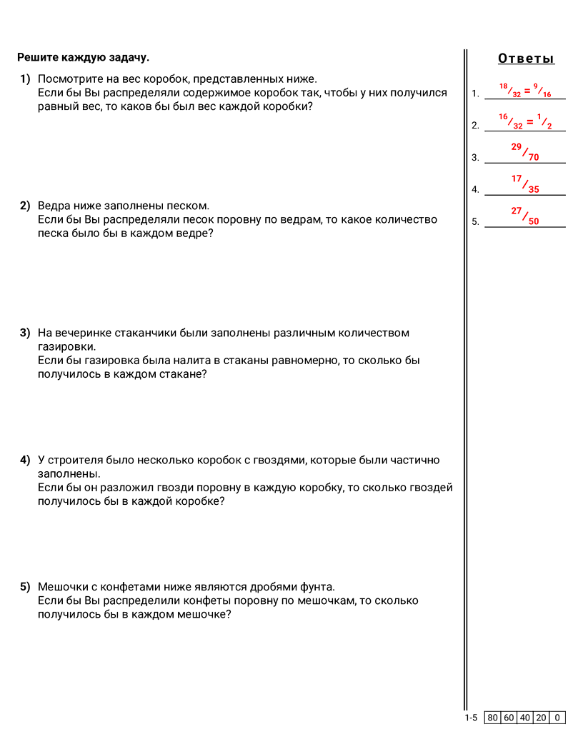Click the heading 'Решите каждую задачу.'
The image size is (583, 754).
point(83,57)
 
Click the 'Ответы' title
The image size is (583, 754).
point(526,59)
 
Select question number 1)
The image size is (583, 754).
point(25,79)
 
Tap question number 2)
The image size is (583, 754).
point(25,206)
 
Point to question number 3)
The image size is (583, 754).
point(25,333)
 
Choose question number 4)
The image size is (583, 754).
point(25,460)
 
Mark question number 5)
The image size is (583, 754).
point(25,587)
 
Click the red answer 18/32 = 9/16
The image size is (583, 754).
point(525,90)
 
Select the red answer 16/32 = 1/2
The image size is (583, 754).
point(525,121)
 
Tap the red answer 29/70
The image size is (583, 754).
point(525,152)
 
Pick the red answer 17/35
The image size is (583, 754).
point(525,184)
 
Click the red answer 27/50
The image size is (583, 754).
point(525,216)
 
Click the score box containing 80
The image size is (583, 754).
point(492,718)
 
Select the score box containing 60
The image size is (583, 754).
point(509,718)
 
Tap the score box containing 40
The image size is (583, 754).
point(525,718)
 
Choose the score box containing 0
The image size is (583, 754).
point(557,718)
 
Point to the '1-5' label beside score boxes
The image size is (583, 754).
point(471,718)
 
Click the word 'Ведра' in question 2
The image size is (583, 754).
point(53,206)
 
